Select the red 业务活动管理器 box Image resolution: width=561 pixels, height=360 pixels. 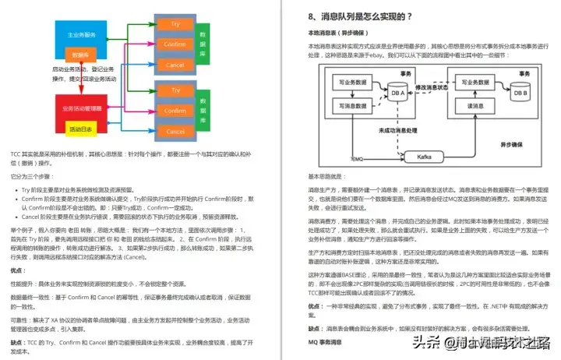[81, 108]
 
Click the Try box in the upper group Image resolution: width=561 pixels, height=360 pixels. [175, 25]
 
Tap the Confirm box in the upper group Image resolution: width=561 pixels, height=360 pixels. [175, 45]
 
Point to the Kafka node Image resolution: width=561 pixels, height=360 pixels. [425, 157]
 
